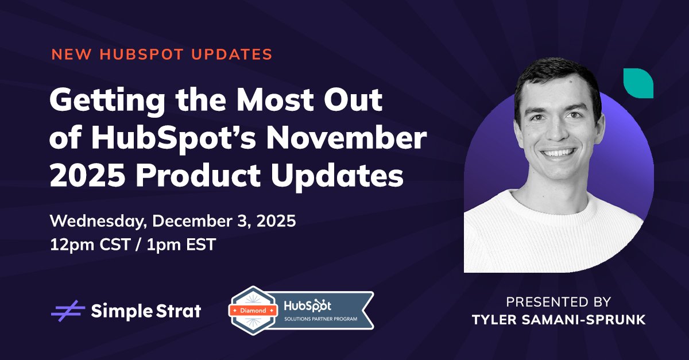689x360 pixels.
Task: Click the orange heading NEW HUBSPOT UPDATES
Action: click(x=161, y=55)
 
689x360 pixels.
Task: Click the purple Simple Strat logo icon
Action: click(x=68, y=311)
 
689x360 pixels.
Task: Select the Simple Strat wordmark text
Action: click(x=146, y=311)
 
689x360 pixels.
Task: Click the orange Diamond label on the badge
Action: click(x=252, y=311)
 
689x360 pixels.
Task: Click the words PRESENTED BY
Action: click(x=559, y=302)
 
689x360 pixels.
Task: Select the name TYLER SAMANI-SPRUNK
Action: click(x=559, y=320)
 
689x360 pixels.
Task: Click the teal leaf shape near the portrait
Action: click(x=638, y=82)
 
